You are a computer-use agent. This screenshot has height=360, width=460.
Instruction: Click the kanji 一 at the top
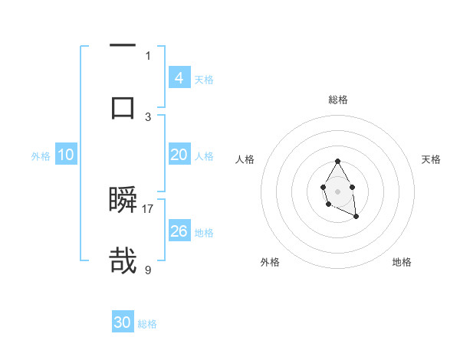click(x=123, y=47)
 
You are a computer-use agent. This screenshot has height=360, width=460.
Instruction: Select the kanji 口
click(x=123, y=106)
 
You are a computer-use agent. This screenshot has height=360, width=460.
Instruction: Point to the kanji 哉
click(x=123, y=260)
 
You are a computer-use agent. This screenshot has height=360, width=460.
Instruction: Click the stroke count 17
click(x=148, y=208)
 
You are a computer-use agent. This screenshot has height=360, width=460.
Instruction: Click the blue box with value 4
click(x=179, y=78)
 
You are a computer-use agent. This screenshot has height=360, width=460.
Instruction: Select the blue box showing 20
click(x=179, y=155)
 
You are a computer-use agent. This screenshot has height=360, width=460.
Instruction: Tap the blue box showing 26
click(x=179, y=231)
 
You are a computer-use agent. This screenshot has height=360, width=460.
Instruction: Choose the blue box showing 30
click(x=123, y=323)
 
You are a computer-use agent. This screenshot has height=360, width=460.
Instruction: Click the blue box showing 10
click(x=66, y=155)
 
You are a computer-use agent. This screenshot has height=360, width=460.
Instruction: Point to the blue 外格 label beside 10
click(x=41, y=156)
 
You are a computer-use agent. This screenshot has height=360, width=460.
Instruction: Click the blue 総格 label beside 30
click(x=147, y=324)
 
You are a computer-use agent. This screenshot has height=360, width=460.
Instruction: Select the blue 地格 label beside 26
click(x=204, y=233)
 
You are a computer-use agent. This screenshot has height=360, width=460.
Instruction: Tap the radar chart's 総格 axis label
click(x=338, y=100)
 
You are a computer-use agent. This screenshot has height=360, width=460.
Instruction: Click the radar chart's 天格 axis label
click(x=432, y=159)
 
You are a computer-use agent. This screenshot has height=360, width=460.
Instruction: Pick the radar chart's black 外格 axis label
click(x=270, y=262)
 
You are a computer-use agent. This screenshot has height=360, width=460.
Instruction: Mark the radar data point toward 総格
click(x=337, y=161)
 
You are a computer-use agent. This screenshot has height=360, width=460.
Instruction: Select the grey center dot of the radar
click(x=337, y=191)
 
